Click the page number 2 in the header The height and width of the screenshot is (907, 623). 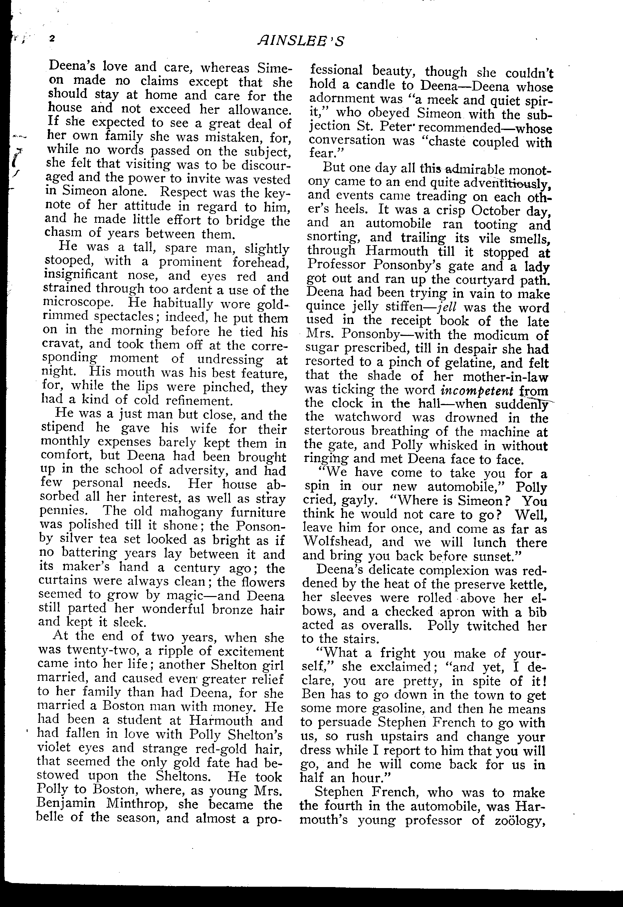52,38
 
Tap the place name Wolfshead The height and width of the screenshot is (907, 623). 337,542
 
